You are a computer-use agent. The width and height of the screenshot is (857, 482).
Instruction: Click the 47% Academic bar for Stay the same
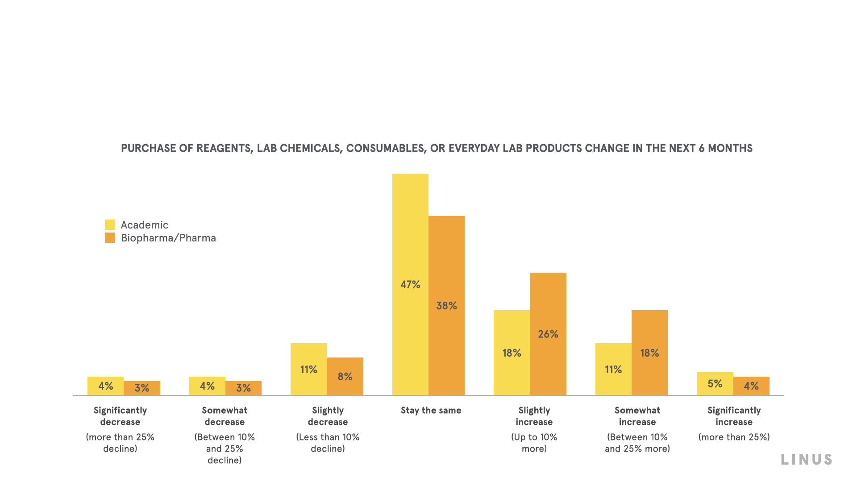pyautogui.click(x=410, y=284)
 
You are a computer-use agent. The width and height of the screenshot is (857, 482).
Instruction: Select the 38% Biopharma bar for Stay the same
pyautogui.click(x=446, y=306)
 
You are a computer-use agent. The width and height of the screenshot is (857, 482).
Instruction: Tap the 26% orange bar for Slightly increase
pyautogui.click(x=548, y=334)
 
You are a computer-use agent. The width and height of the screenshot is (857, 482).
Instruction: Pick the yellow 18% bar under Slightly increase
pyautogui.click(x=512, y=353)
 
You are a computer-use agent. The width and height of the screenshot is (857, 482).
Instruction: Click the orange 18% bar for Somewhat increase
pyautogui.click(x=649, y=353)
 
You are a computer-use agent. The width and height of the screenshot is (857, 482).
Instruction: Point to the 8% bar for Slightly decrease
pyautogui.click(x=345, y=376)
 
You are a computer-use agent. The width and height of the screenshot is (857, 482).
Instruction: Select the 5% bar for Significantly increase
pyautogui.click(x=715, y=383)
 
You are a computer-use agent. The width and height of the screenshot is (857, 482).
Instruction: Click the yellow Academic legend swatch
pyautogui.click(x=110, y=225)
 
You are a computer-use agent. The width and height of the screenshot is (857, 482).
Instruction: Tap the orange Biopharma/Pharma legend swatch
pyautogui.click(x=110, y=238)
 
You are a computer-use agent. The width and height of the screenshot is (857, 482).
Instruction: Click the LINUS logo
pyautogui.click(x=807, y=460)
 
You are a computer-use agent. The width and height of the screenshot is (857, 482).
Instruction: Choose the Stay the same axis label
pyautogui.click(x=431, y=411)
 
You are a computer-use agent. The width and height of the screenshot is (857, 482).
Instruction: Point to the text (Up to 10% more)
pyautogui.click(x=534, y=443)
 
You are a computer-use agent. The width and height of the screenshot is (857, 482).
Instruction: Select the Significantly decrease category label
pyautogui.click(x=120, y=416)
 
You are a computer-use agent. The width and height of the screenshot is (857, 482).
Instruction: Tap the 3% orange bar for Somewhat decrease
pyautogui.click(x=243, y=388)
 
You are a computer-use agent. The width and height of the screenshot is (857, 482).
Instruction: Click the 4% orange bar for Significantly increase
pyautogui.click(x=751, y=386)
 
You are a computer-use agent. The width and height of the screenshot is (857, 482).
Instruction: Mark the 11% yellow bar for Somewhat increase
pyautogui.click(x=613, y=369)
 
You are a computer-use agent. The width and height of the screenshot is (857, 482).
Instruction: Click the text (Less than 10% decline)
pyautogui.click(x=328, y=443)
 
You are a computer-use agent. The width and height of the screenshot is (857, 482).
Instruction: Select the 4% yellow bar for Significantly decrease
pyautogui.click(x=105, y=386)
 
